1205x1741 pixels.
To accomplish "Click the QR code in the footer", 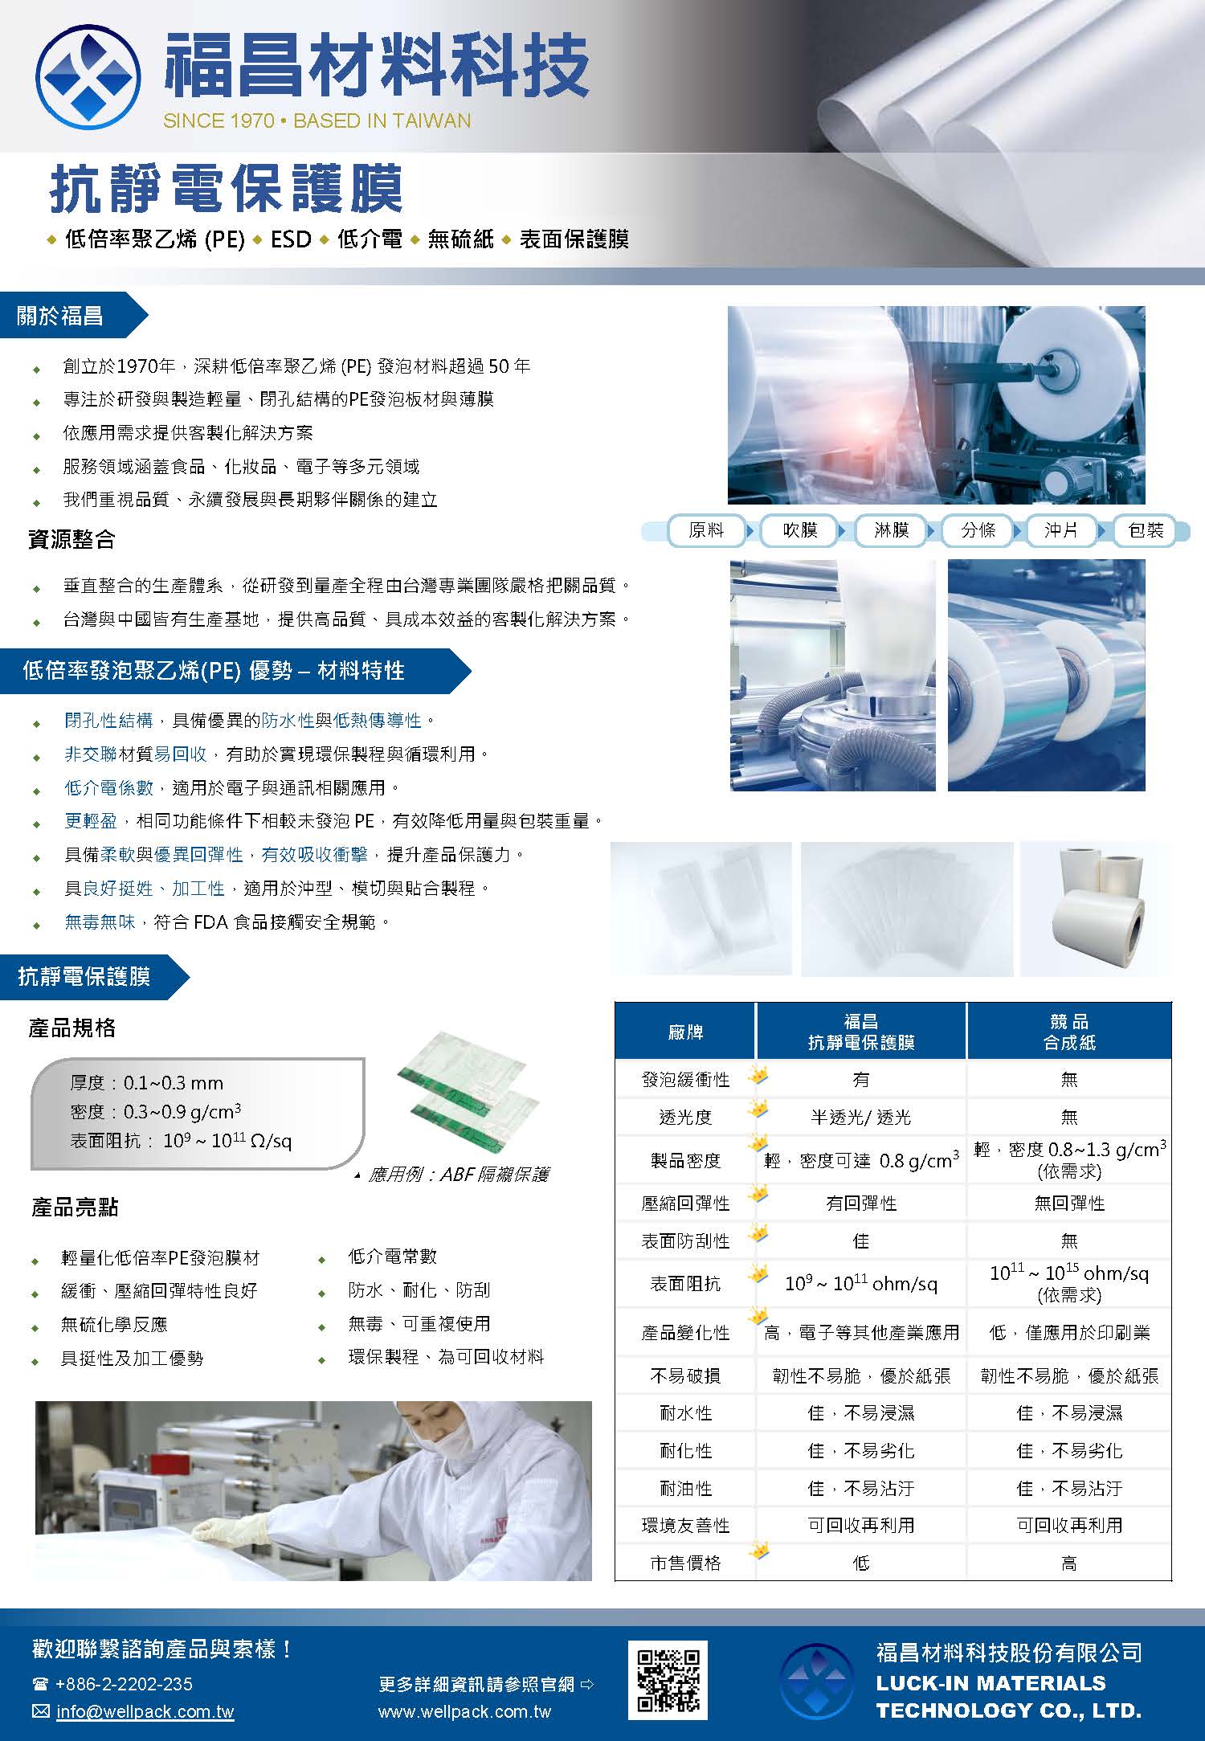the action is click(x=667, y=1680).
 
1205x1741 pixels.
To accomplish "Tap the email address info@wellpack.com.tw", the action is click(x=145, y=1712).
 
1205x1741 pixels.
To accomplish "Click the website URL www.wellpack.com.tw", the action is click(x=464, y=1712).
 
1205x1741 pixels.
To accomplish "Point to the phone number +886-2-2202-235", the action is click(x=124, y=1683).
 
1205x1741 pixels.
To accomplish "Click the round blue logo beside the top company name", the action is click(x=88, y=77).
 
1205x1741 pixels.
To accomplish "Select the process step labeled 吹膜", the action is click(x=799, y=530).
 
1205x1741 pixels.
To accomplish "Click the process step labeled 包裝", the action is click(x=1146, y=530).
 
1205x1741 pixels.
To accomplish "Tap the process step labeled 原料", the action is click(x=706, y=530).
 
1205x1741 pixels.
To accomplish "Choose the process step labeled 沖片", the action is click(x=1061, y=530).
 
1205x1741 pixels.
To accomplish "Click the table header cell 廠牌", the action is click(x=685, y=1032).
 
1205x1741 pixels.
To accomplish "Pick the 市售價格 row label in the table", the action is click(x=685, y=1563).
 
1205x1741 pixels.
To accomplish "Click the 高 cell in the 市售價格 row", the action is click(x=1069, y=1563).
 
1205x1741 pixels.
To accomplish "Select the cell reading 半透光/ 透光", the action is click(x=860, y=1117).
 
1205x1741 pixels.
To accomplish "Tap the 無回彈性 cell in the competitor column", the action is click(x=1069, y=1203).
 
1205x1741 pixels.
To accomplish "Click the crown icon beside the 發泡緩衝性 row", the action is click(x=757, y=1074).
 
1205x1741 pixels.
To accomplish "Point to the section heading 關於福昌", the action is click(x=60, y=316).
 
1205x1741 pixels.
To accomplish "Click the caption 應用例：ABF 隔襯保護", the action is click(x=458, y=1175).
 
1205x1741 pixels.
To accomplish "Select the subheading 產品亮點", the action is click(x=74, y=1207).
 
